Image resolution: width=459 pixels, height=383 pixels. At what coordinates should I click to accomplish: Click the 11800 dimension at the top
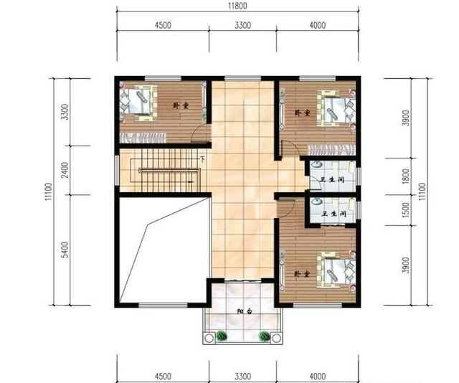click(x=237, y=6)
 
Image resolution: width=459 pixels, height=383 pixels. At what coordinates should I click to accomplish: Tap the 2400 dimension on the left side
click(x=65, y=170)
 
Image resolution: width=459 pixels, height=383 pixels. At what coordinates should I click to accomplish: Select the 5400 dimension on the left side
click(x=65, y=250)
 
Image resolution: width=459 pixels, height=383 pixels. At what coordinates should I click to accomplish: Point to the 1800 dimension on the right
click(x=406, y=176)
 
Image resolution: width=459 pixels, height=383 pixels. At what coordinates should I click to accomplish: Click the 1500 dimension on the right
click(x=406, y=209)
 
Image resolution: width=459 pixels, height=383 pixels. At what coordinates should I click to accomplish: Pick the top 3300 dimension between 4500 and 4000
click(x=242, y=25)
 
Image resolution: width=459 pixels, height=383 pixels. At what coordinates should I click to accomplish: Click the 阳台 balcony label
click(x=245, y=311)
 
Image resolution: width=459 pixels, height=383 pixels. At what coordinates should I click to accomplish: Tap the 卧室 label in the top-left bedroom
click(x=180, y=105)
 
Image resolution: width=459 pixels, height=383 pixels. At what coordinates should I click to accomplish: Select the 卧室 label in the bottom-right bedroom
click(x=302, y=275)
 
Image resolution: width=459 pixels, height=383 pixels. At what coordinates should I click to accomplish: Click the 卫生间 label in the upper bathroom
click(x=331, y=179)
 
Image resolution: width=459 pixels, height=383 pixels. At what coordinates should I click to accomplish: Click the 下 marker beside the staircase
click(x=202, y=159)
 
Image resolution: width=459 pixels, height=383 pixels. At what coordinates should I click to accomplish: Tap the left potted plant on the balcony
click(x=222, y=336)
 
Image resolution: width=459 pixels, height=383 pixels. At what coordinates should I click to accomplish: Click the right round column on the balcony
click(x=275, y=339)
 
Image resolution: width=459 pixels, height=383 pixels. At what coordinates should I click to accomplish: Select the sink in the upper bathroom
click(x=316, y=164)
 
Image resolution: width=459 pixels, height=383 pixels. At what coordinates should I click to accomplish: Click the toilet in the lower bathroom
click(x=351, y=203)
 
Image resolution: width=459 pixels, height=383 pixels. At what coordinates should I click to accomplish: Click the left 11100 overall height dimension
click(x=49, y=191)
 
